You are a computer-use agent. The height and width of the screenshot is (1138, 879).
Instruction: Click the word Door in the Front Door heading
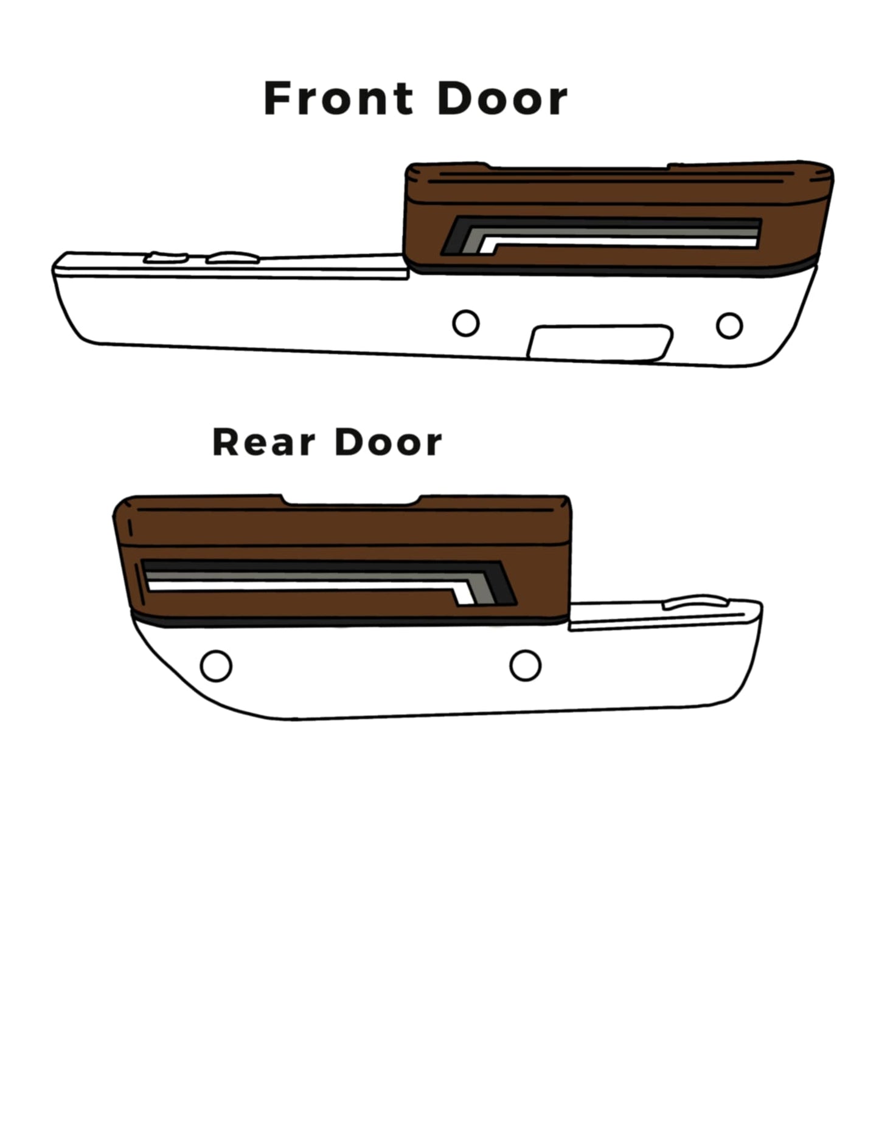pyautogui.click(x=502, y=99)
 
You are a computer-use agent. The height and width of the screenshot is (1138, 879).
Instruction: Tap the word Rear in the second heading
pyautogui.click(x=263, y=442)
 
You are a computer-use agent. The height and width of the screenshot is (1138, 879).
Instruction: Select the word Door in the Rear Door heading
pyautogui.click(x=388, y=442)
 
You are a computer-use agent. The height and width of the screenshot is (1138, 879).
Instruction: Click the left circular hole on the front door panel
pyautogui.click(x=466, y=323)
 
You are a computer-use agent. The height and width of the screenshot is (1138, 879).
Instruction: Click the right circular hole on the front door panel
pyautogui.click(x=729, y=325)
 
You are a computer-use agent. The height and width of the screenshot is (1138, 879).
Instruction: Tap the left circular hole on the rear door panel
pyautogui.click(x=216, y=666)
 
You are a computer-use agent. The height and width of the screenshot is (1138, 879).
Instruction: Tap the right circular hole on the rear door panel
pyautogui.click(x=526, y=665)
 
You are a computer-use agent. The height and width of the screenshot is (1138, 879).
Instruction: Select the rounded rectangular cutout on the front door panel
pyautogui.click(x=600, y=344)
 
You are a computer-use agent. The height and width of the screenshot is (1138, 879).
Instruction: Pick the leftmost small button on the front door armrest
pyautogui.click(x=165, y=257)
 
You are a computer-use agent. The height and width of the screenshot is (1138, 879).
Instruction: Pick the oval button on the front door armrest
pyautogui.click(x=233, y=258)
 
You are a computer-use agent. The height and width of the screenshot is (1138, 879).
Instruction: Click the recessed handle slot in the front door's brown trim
pyautogui.click(x=601, y=236)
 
